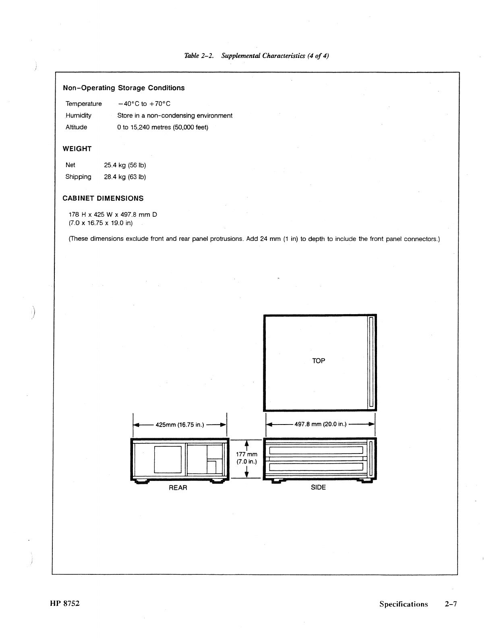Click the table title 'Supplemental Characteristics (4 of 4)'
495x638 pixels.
click(x=275, y=56)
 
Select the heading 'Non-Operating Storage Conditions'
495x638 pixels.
click(x=124, y=88)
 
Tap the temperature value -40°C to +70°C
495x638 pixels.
click(x=144, y=104)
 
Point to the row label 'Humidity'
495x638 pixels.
click(x=79, y=116)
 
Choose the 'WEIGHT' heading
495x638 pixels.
click(x=77, y=149)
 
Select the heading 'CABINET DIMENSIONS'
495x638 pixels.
click(x=103, y=199)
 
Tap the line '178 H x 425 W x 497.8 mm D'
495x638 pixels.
click(x=113, y=215)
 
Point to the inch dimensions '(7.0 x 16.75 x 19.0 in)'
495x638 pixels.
click(x=101, y=223)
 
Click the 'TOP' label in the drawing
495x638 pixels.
click(x=318, y=361)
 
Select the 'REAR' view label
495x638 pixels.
click(x=178, y=488)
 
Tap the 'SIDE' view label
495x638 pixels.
click(x=318, y=488)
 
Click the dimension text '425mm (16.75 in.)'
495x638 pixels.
click(x=180, y=425)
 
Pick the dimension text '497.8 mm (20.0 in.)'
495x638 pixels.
click(x=321, y=424)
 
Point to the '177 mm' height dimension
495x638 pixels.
click(x=246, y=454)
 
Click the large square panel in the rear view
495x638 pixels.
click(x=168, y=459)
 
